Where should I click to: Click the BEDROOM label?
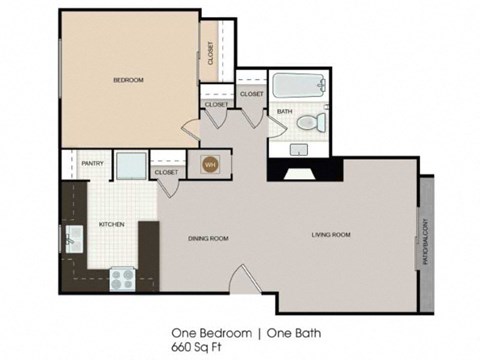pos(127,80)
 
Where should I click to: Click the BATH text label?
pos(284,111)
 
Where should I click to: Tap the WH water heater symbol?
pos(211,164)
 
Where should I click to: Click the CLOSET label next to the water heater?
pos(167,172)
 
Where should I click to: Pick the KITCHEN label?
pos(110,225)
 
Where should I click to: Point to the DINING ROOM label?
pos(210,238)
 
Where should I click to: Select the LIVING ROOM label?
pos(330,235)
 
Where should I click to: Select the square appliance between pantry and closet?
pos(130,165)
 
